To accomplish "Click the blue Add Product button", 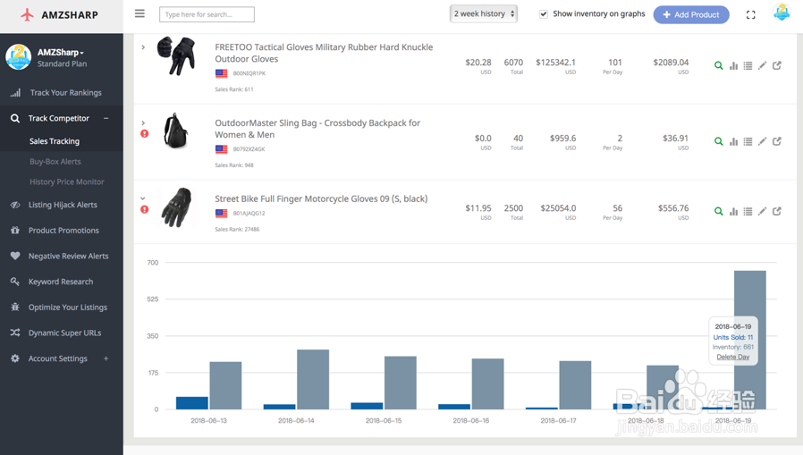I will tap(691, 14).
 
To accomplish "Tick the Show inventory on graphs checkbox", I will tap(544, 14).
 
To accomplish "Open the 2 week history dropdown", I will tap(484, 13).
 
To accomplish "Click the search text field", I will tap(207, 14).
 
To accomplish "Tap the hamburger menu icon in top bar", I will tap(139, 13).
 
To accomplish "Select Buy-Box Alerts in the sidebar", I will tap(55, 162).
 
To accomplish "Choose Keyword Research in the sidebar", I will tap(61, 282).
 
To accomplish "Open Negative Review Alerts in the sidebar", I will tap(68, 256).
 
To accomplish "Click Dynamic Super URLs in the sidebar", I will tap(64, 333).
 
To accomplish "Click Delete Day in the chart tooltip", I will tap(733, 357).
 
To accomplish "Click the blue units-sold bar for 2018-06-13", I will tap(191, 403).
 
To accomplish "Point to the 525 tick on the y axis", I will tap(153, 299).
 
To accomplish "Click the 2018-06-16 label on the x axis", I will tap(471, 420).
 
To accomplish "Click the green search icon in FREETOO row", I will tap(718, 65).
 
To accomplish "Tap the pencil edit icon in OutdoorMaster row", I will tap(762, 141).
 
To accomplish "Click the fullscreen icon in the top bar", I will tap(751, 15).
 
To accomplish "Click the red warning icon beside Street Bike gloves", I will tap(145, 210).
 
